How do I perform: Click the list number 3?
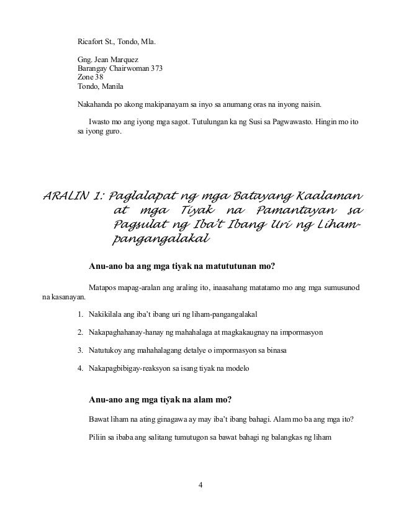pyautogui.click(x=80, y=352)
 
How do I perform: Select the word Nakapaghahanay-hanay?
pyautogui.click(x=127, y=332)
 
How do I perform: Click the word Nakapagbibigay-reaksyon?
pyautogui.click(x=130, y=370)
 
